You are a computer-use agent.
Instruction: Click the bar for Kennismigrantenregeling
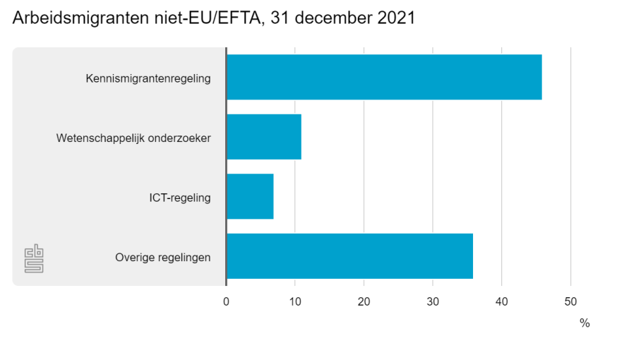coord(384,77)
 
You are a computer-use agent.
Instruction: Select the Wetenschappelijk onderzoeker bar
coord(264,136)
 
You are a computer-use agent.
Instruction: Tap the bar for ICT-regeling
coord(250,196)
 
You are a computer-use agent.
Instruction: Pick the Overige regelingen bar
coord(349,256)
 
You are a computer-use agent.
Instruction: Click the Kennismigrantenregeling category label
coord(148,78)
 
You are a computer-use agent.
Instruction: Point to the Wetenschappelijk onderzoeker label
coord(133,138)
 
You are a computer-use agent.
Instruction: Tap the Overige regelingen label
coord(163,257)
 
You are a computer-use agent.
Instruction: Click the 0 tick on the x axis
coord(226,301)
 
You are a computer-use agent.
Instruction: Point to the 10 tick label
coord(295,301)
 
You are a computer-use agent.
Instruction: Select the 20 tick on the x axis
coord(364,301)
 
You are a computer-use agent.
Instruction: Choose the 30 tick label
coord(433,301)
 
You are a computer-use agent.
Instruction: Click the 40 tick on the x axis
coord(501,301)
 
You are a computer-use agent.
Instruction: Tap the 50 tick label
coord(570,301)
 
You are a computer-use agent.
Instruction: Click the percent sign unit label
coord(585,323)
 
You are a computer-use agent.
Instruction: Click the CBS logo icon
coord(34,258)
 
